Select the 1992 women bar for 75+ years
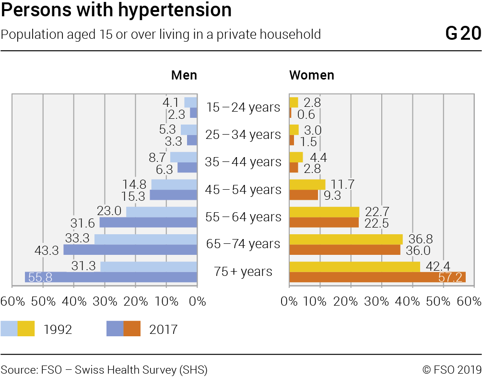pos(354,267)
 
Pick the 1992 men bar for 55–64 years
pos(162,212)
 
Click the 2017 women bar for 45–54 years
pos(304,195)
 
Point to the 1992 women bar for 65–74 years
pos(346,239)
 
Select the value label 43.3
pos(47,250)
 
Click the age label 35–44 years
pos(243,162)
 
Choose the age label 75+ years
pos(243,272)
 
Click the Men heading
pos(184,75)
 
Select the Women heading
pos(312,75)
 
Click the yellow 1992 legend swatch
pos(26,329)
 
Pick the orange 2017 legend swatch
pos(132,329)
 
